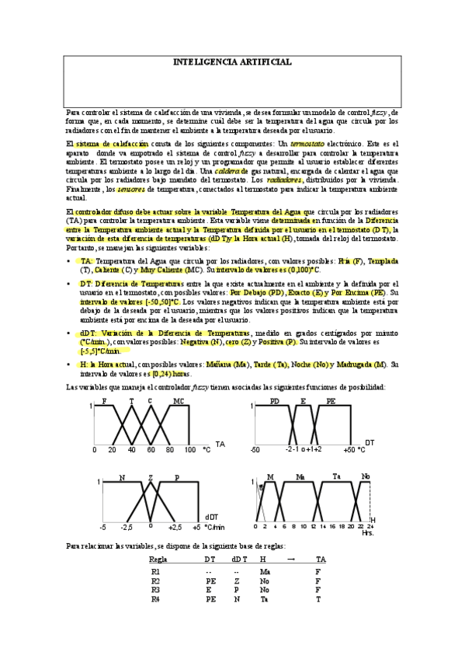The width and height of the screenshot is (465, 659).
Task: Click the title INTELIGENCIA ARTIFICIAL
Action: coord(232,61)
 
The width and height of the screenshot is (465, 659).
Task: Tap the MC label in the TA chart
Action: coord(179,401)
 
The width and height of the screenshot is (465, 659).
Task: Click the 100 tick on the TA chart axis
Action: coord(190,450)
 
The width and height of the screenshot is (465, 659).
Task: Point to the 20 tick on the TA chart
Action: coord(113,450)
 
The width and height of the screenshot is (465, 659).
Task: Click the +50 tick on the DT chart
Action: coord(351,450)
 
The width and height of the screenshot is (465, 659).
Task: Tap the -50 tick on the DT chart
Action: coord(255,450)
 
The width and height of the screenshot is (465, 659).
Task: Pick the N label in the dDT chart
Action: coord(122,477)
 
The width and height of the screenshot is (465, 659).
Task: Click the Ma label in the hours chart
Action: coord(300,476)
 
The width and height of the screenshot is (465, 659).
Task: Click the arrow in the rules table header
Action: coord(291,559)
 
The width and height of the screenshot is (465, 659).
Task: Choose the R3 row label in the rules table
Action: coord(156,590)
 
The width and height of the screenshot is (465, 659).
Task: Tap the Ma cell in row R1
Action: coord(265,571)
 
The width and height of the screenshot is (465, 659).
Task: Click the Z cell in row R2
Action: coord(236,581)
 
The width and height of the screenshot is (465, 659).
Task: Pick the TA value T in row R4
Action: coord(318,599)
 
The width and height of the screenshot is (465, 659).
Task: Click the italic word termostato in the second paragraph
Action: coord(307,145)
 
